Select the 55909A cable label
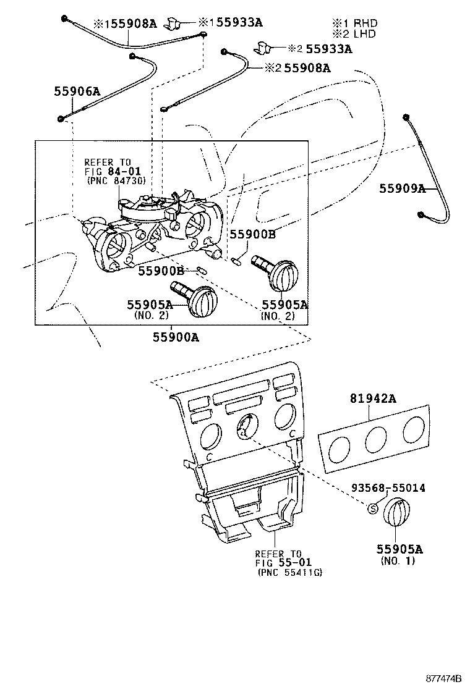click(x=403, y=188)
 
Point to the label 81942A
click(x=374, y=399)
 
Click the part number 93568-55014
click(x=388, y=487)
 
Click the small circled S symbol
click(x=372, y=508)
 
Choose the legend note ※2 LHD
click(x=353, y=34)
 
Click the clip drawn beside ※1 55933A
click(x=175, y=24)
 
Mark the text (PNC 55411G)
click(x=289, y=573)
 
